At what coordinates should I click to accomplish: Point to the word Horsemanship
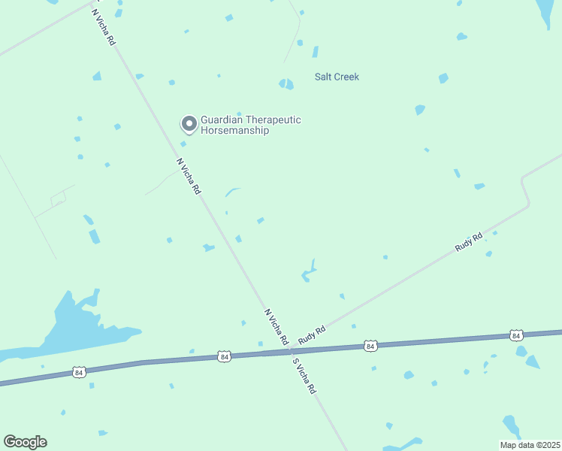point(234,131)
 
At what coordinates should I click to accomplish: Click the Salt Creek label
point(337,77)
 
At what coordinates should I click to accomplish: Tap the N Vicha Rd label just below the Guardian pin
point(189,177)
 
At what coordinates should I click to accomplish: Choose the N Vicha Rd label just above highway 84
point(276,326)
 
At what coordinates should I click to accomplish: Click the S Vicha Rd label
point(305,374)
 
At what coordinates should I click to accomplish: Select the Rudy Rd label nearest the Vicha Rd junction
point(312,335)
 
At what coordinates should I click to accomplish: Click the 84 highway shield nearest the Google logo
point(80,372)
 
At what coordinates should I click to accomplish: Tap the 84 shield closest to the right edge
point(515,334)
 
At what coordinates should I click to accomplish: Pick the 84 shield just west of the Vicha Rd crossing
point(225,356)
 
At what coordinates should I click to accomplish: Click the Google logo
point(25,442)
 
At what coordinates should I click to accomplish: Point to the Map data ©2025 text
point(529,445)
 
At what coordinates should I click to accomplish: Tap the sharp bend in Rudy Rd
point(527,203)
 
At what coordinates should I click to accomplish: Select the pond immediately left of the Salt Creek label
point(286,83)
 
